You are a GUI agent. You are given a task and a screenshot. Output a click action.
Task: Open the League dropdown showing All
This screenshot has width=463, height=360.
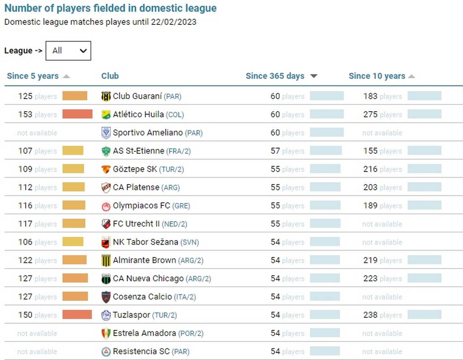click(x=68, y=51)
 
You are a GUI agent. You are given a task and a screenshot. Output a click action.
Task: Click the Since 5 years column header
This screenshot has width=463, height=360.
click(x=33, y=76)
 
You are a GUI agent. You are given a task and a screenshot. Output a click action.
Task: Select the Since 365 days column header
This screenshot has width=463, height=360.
click(x=275, y=76)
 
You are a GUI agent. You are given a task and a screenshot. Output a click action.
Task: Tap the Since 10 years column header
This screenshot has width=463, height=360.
click(x=377, y=76)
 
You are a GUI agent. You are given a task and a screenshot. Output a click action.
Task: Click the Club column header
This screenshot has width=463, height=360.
click(x=110, y=76)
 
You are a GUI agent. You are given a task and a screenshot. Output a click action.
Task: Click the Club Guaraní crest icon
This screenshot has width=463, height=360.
click(x=106, y=96)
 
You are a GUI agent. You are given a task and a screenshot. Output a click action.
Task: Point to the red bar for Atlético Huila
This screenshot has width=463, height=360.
click(x=77, y=114)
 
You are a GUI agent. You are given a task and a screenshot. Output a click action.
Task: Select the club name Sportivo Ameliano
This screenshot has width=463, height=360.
click(x=148, y=133)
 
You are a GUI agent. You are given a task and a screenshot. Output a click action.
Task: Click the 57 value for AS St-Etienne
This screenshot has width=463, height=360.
click(x=275, y=151)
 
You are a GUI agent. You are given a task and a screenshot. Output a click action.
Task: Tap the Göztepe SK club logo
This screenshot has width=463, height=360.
click(x=106, y=169)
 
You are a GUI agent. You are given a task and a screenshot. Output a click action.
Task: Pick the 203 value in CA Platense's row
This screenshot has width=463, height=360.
click(x=370, y=187)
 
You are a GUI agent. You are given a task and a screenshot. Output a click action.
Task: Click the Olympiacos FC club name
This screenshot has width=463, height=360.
click(x=142, y=206)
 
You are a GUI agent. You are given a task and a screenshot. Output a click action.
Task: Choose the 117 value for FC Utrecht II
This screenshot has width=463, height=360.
click(x=25, y=224)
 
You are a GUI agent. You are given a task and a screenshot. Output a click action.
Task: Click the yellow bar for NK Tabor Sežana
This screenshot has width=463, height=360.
click(x=73, y=242)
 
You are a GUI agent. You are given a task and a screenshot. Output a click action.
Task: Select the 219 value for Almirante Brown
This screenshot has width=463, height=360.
click(x=370, y=261)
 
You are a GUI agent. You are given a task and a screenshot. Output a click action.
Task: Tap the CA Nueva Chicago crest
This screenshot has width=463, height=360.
click(x=106, y=279)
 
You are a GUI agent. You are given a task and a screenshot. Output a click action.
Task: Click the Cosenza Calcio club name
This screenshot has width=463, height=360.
click(x=142, y=297)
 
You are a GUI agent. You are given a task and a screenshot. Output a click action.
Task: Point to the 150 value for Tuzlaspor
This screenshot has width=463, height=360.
click(x=25, y=315)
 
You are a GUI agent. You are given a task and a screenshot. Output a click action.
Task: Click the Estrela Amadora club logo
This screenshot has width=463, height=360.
click(x=106, y=333)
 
